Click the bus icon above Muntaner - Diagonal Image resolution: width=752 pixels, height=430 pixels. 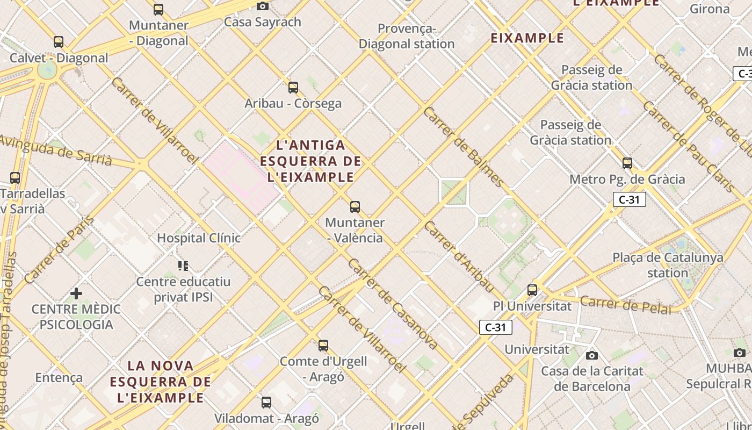(158, 9)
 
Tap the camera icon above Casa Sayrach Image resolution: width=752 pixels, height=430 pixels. (263, 6)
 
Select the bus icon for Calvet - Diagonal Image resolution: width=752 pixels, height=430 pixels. (59, 42)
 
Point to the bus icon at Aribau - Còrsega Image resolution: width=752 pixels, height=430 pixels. (293, 87)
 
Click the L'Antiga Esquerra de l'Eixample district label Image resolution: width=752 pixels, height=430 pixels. (310, 161)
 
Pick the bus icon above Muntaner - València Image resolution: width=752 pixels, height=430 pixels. (355, 206)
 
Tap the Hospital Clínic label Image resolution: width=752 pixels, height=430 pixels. (199, 238)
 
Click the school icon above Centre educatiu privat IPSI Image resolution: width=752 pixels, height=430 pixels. (183, 266)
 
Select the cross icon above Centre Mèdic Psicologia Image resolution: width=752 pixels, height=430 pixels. (76, 293)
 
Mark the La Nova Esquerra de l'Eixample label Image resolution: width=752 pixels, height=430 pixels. (161, 382)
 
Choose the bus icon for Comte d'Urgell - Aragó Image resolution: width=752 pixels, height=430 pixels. (323, 345)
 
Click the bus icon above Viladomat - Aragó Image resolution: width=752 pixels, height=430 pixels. (266, 402)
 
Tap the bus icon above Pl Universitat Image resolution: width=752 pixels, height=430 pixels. (532, 290)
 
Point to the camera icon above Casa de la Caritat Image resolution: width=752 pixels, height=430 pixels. (592, 355)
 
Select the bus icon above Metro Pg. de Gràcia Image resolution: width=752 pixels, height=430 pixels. (627, 163)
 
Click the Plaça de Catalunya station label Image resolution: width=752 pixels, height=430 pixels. (668, 265)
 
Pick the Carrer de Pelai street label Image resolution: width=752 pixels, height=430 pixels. (626, 305)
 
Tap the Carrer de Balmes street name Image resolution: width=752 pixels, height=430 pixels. (463, 147)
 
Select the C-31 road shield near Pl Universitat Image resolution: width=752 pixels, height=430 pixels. (495, 327)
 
